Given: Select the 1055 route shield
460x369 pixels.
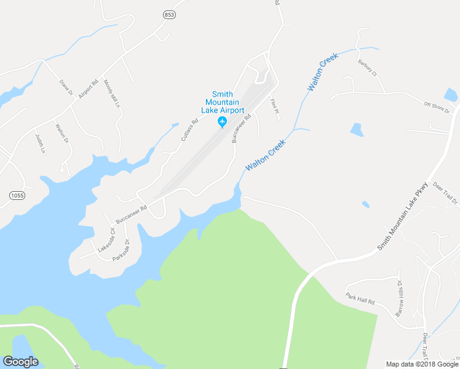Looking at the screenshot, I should click(x=18, y=195).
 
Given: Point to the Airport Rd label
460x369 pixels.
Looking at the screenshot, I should click(x=89, y=90).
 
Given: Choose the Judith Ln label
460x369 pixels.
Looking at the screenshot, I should click(x=41, y=143).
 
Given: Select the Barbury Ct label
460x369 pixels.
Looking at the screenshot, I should click(x=367, y=67).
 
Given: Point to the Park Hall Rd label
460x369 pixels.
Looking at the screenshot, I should click(x=360, y=300).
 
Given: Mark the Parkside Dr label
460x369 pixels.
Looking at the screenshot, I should click(x=122, y=250).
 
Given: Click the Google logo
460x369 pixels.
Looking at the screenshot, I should click(x=20, y=362).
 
